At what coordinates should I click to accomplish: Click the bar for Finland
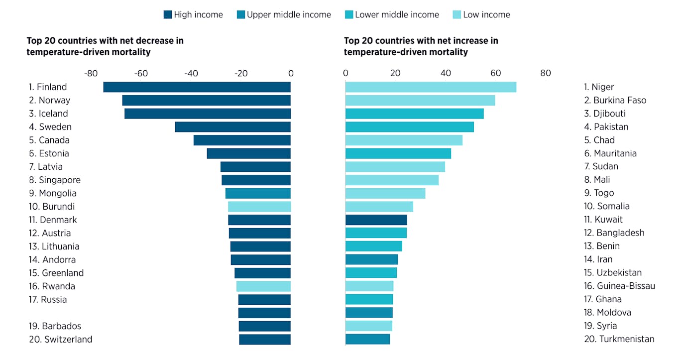pyautogui.click(x=197, y=87)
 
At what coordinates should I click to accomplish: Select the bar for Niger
pyautogui.click(x=431, y=87)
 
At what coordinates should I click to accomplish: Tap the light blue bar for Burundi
pyautogui.click(x=259, y=207)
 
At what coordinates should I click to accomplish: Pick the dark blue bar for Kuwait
pyautogui.click(x=376, y=220)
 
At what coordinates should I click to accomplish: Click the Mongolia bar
pyautogui.click(x=257, y=193)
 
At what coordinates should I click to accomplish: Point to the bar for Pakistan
pyautogui.click(x=409, y=127)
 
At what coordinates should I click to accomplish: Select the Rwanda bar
pyautogui.click(x=263, y=286)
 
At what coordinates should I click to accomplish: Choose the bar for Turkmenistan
pyautogui.click(x=367, y=339)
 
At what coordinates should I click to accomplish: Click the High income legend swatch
pyautogui.click(x=168, y=15)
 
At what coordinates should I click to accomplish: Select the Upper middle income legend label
pyautogui.click(x=289, y=15)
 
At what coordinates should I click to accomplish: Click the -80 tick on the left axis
pyautogui.click(x=91, y=74)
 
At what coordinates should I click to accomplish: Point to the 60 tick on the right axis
pyautogui.click(x=495, y=74)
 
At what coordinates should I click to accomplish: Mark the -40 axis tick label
pyautogui.click(x=191, y=74)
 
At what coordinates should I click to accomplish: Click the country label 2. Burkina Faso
pyautogui.click(x=615, y=100)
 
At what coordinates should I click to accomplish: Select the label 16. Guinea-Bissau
pyautogui.click(x=619, y=286)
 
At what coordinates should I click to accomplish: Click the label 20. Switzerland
pyautogui.click(x=60, y=340)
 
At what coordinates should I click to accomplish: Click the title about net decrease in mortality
pyautogui.click(x=105, y=46)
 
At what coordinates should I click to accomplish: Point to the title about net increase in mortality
pyautogui.click(x=421, y=46)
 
